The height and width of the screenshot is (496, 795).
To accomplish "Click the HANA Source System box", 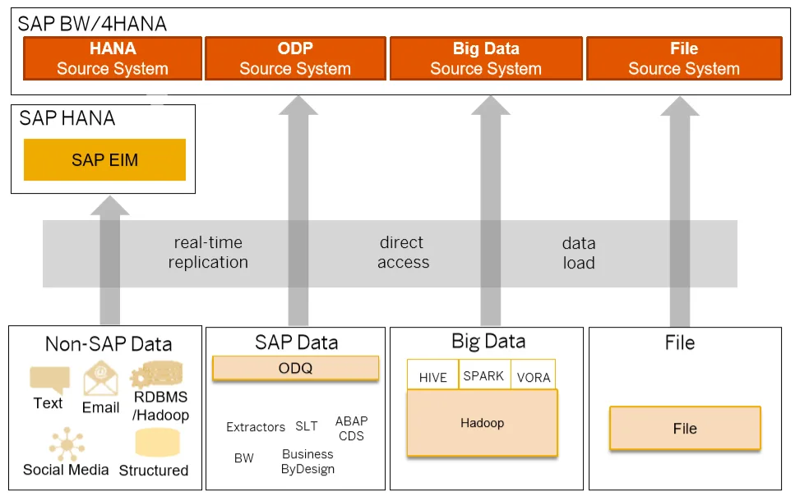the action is point(113,58).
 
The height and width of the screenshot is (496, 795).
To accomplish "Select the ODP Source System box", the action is point(295,58).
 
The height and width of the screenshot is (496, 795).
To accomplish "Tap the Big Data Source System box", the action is point(486,58).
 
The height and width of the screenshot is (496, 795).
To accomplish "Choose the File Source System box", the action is point(684,58).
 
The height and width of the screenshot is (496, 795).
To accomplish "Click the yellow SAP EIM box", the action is point(104,159).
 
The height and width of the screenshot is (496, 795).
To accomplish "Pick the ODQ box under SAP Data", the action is point(296,368).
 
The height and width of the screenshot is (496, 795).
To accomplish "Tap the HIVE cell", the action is point(432,375).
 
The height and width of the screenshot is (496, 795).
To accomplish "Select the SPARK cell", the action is point(484,375).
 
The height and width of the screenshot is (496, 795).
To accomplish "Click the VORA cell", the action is point(534,375).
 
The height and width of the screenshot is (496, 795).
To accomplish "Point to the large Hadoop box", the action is point(482,423).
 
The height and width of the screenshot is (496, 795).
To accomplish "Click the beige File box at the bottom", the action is point(685,428).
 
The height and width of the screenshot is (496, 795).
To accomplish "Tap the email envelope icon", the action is point(101,379).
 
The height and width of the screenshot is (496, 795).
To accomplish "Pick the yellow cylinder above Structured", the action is point(158,443).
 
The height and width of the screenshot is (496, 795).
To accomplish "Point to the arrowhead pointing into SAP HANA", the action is point(109,205).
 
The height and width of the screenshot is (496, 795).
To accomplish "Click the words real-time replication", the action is point(208,252).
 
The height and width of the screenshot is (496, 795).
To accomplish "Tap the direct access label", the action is point(403,252).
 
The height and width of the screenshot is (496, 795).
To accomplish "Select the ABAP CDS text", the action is point(351,428).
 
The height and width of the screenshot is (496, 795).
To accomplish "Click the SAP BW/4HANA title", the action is point(92,24).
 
